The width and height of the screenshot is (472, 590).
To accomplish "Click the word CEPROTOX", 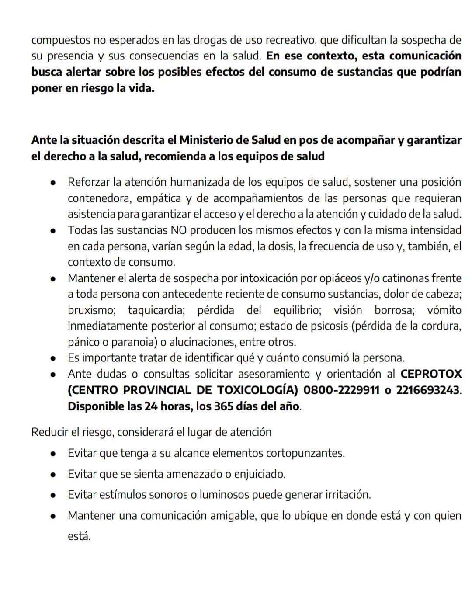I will coord(431,374).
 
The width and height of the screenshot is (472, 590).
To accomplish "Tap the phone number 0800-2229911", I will coord(341,390).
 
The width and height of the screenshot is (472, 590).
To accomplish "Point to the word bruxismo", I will coord(91,310).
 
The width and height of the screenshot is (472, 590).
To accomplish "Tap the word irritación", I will coord(348,495).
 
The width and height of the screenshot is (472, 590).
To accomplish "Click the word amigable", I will coord(233,516).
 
